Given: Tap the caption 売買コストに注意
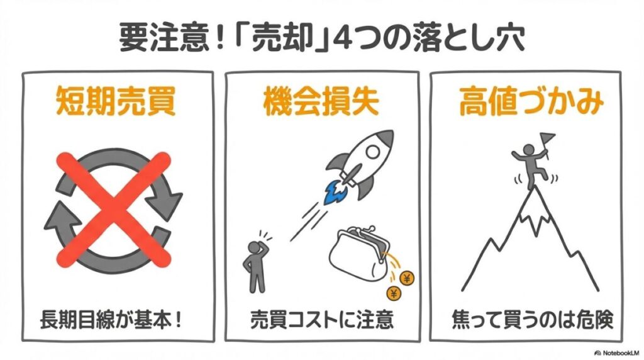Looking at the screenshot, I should (x=321, y=320).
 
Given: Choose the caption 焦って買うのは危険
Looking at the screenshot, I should (x=526, y=320).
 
